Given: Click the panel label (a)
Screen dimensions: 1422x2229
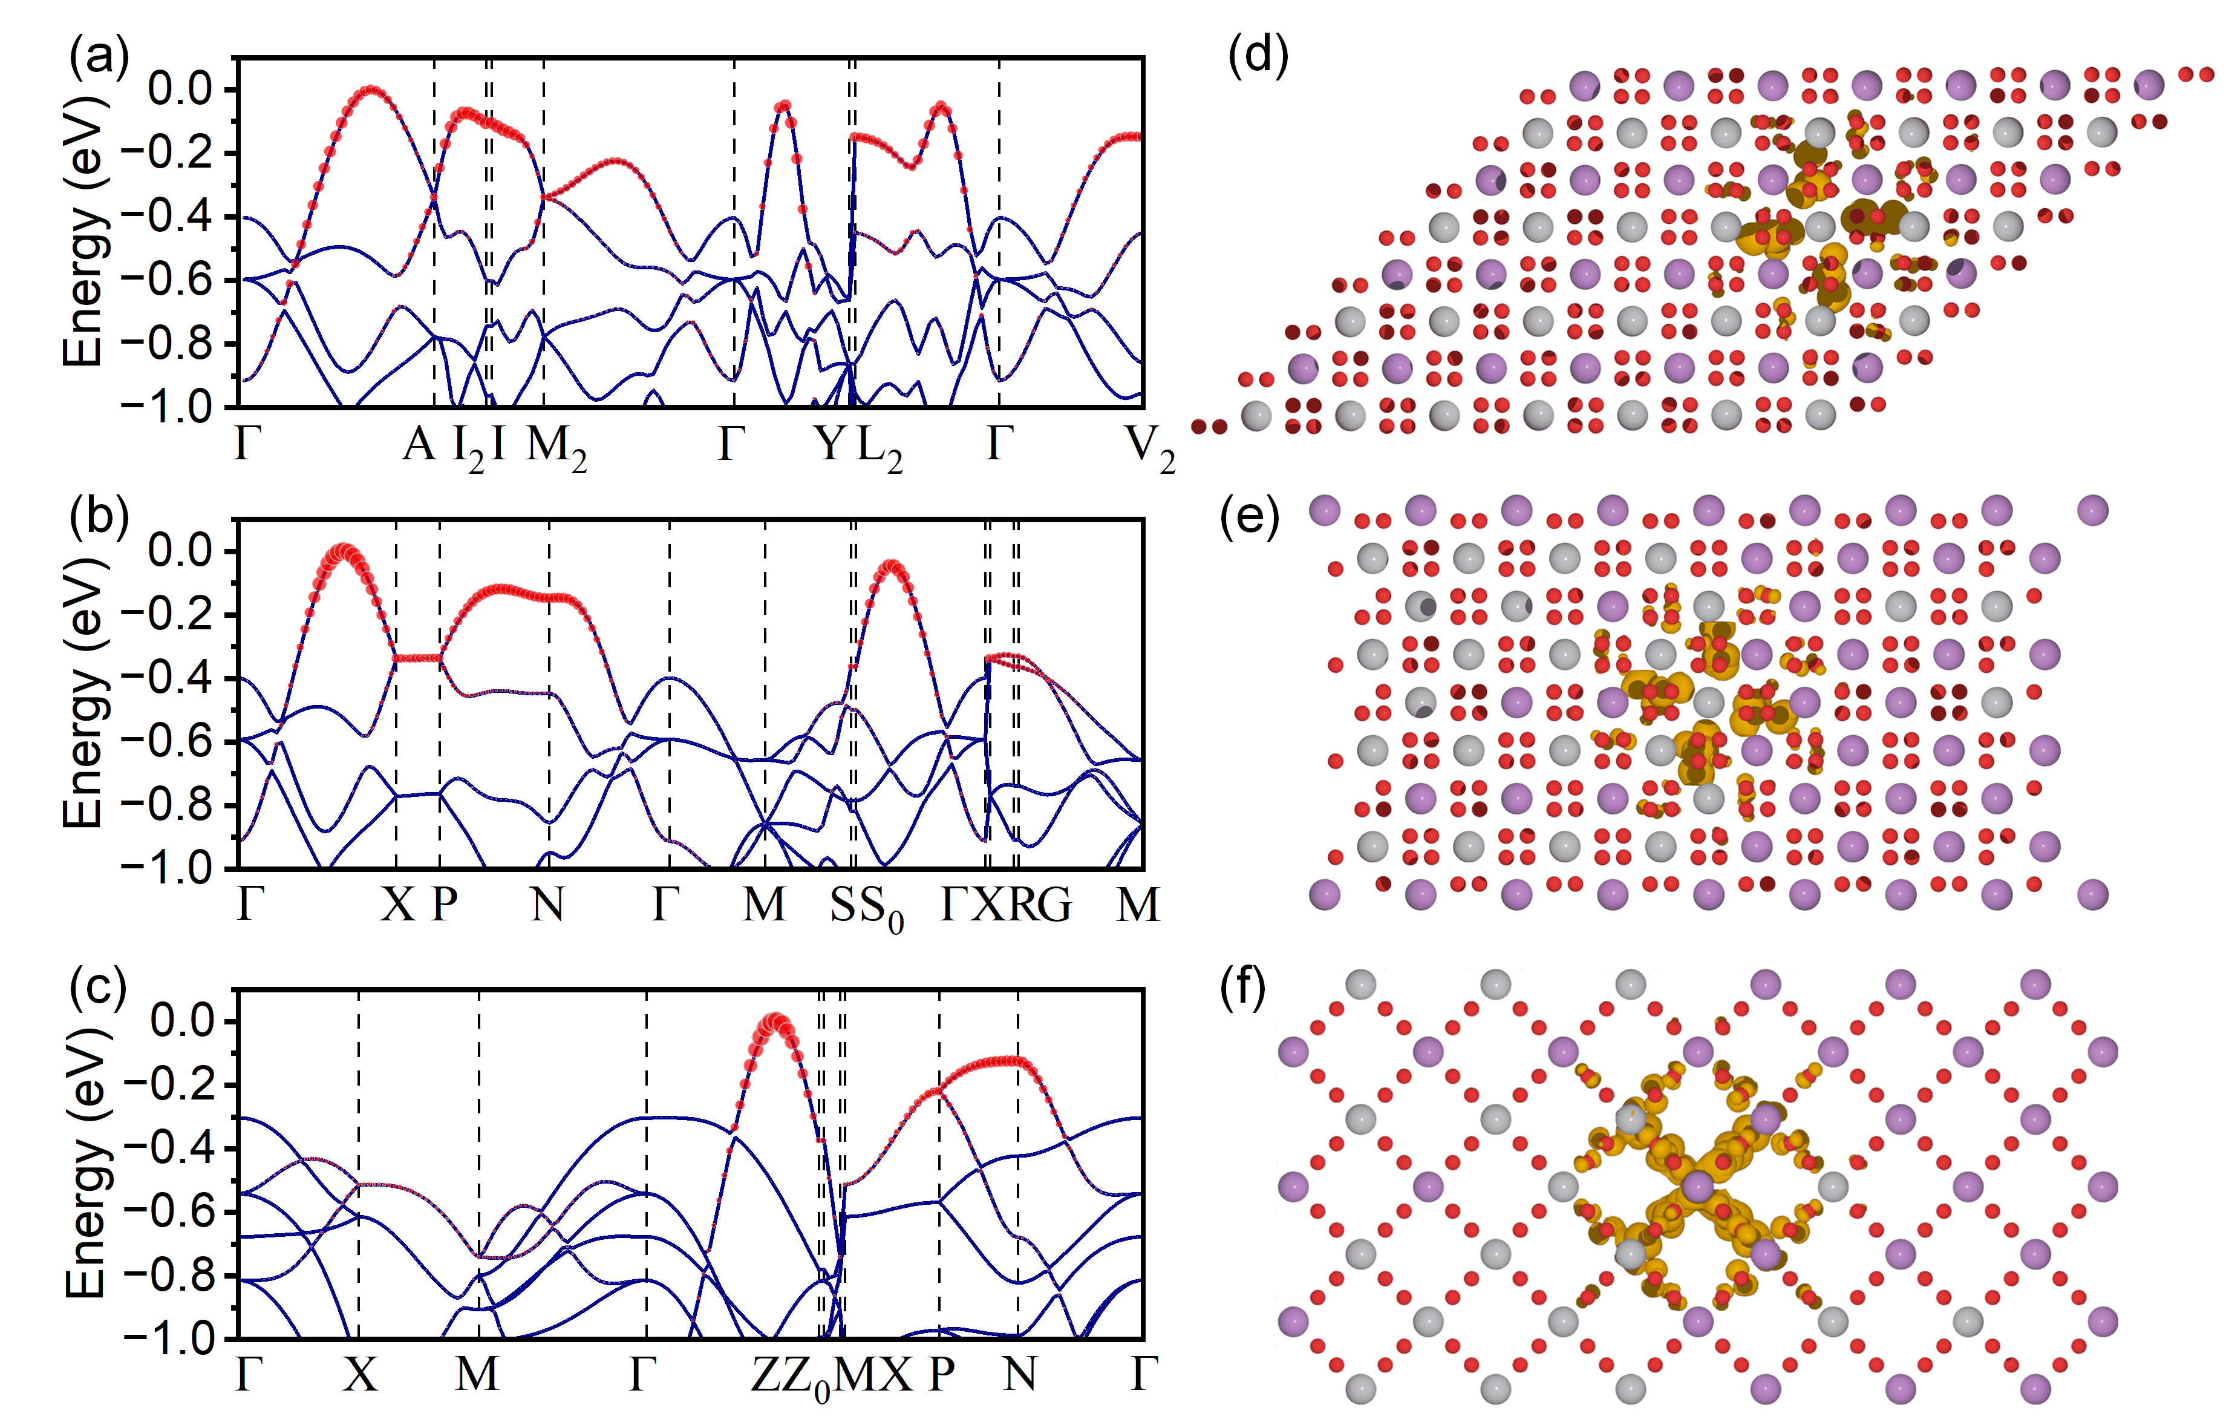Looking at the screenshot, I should pyautogui.click(x=99, y=57).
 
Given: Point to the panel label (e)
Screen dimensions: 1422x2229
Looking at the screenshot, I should pyautogui.click(x=1250, y=517).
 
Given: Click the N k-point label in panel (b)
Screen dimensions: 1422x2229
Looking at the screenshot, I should pyautogui.click(x=548, y=905).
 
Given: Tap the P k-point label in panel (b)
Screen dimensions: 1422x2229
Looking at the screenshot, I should pyautogui.click(x=445, y=905).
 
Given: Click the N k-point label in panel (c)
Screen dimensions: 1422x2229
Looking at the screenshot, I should pyautogui.click(x=1020, y=1375).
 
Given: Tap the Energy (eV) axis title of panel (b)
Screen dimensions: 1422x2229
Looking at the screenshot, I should pyautogui.click(x=83, y=694).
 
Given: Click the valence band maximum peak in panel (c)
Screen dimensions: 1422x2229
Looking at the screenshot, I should pyautogui.click(x=774, y=1022).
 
